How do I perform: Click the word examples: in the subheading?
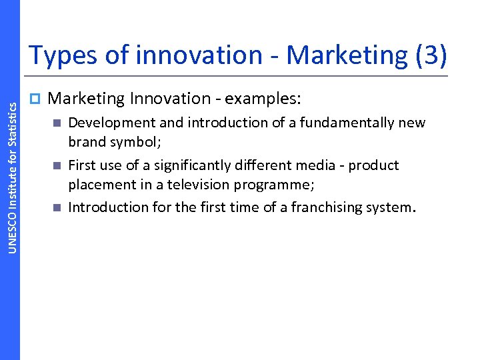tap(263, 99)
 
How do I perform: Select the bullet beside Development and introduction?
tap(57, 123)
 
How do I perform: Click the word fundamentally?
tap(350, 123)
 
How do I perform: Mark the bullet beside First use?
tap(57, 165)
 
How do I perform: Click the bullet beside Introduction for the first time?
tap(57, 207)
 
